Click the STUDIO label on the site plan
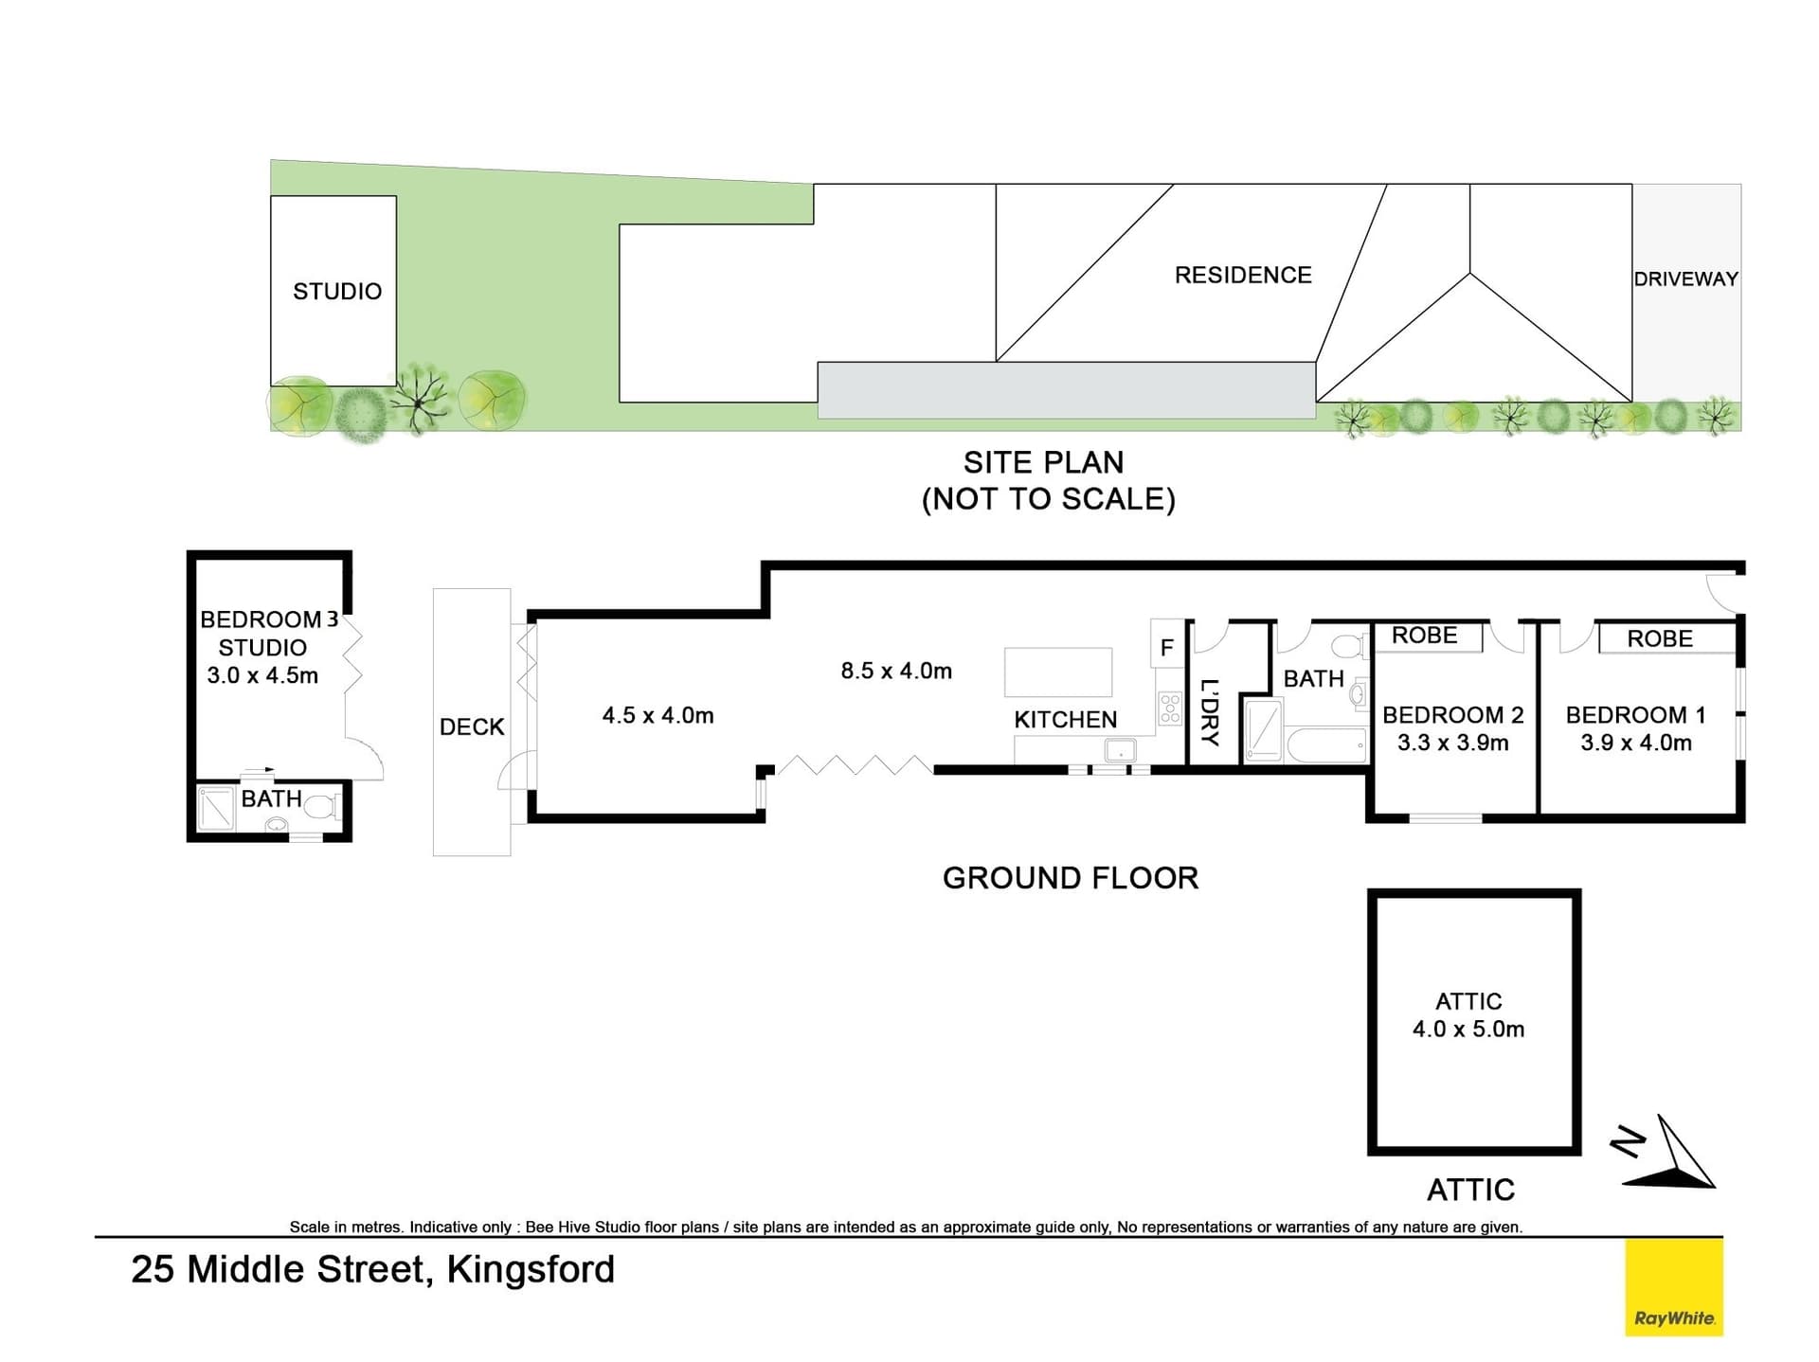click(x=336, y=291)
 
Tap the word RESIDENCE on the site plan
click(x=1243, y=275)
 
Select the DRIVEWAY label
click(x=1685, y=278)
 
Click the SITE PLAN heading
click(x=1043, y=462)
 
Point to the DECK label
click(x=472, y=726)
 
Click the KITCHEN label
click(x=1065, y=720)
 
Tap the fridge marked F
click(x=1166, y=647)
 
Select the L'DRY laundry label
click(x=1209, y=712)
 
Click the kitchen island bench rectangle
click(x=1057, y=672)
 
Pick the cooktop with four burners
click(x=1170, y=708)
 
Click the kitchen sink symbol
click(x=1120, y=750)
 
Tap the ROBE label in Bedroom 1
click(x=1659, y=638)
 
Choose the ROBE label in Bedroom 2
click(x=1424, y=636)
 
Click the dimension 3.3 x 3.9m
click(x=1452, y=743)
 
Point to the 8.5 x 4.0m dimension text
click(x=895, y=671)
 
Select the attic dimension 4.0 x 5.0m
click(x=1468, y=1029)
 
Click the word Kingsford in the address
click(x=531, y=1269)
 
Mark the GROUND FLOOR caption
click(x=1070, y=878)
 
